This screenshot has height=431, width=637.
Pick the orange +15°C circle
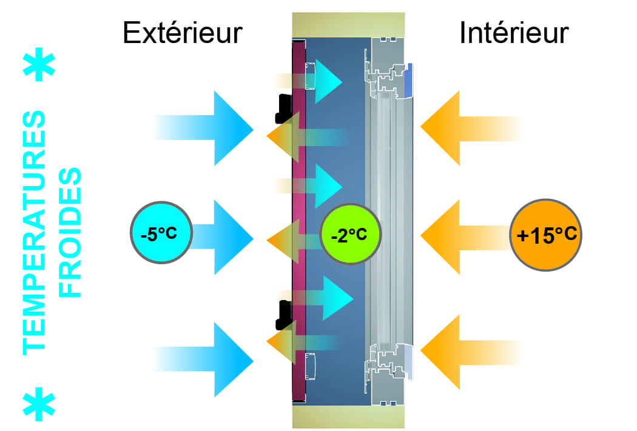[546, 234]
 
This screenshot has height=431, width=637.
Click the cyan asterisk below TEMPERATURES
[39, 406]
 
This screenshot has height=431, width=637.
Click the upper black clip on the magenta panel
[283, 107]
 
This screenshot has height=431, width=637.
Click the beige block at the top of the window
[348, 24]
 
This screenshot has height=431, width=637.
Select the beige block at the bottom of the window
[348, 418]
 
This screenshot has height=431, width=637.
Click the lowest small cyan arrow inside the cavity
[334, 298]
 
